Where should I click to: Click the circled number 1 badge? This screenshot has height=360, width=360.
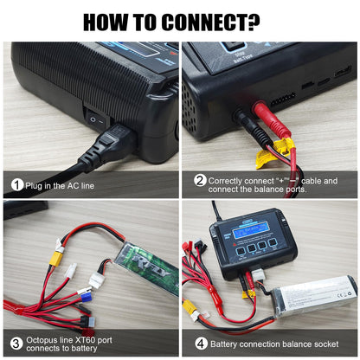tap(16, 184)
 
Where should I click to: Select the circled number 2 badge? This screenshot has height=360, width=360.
tap(199, 181)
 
